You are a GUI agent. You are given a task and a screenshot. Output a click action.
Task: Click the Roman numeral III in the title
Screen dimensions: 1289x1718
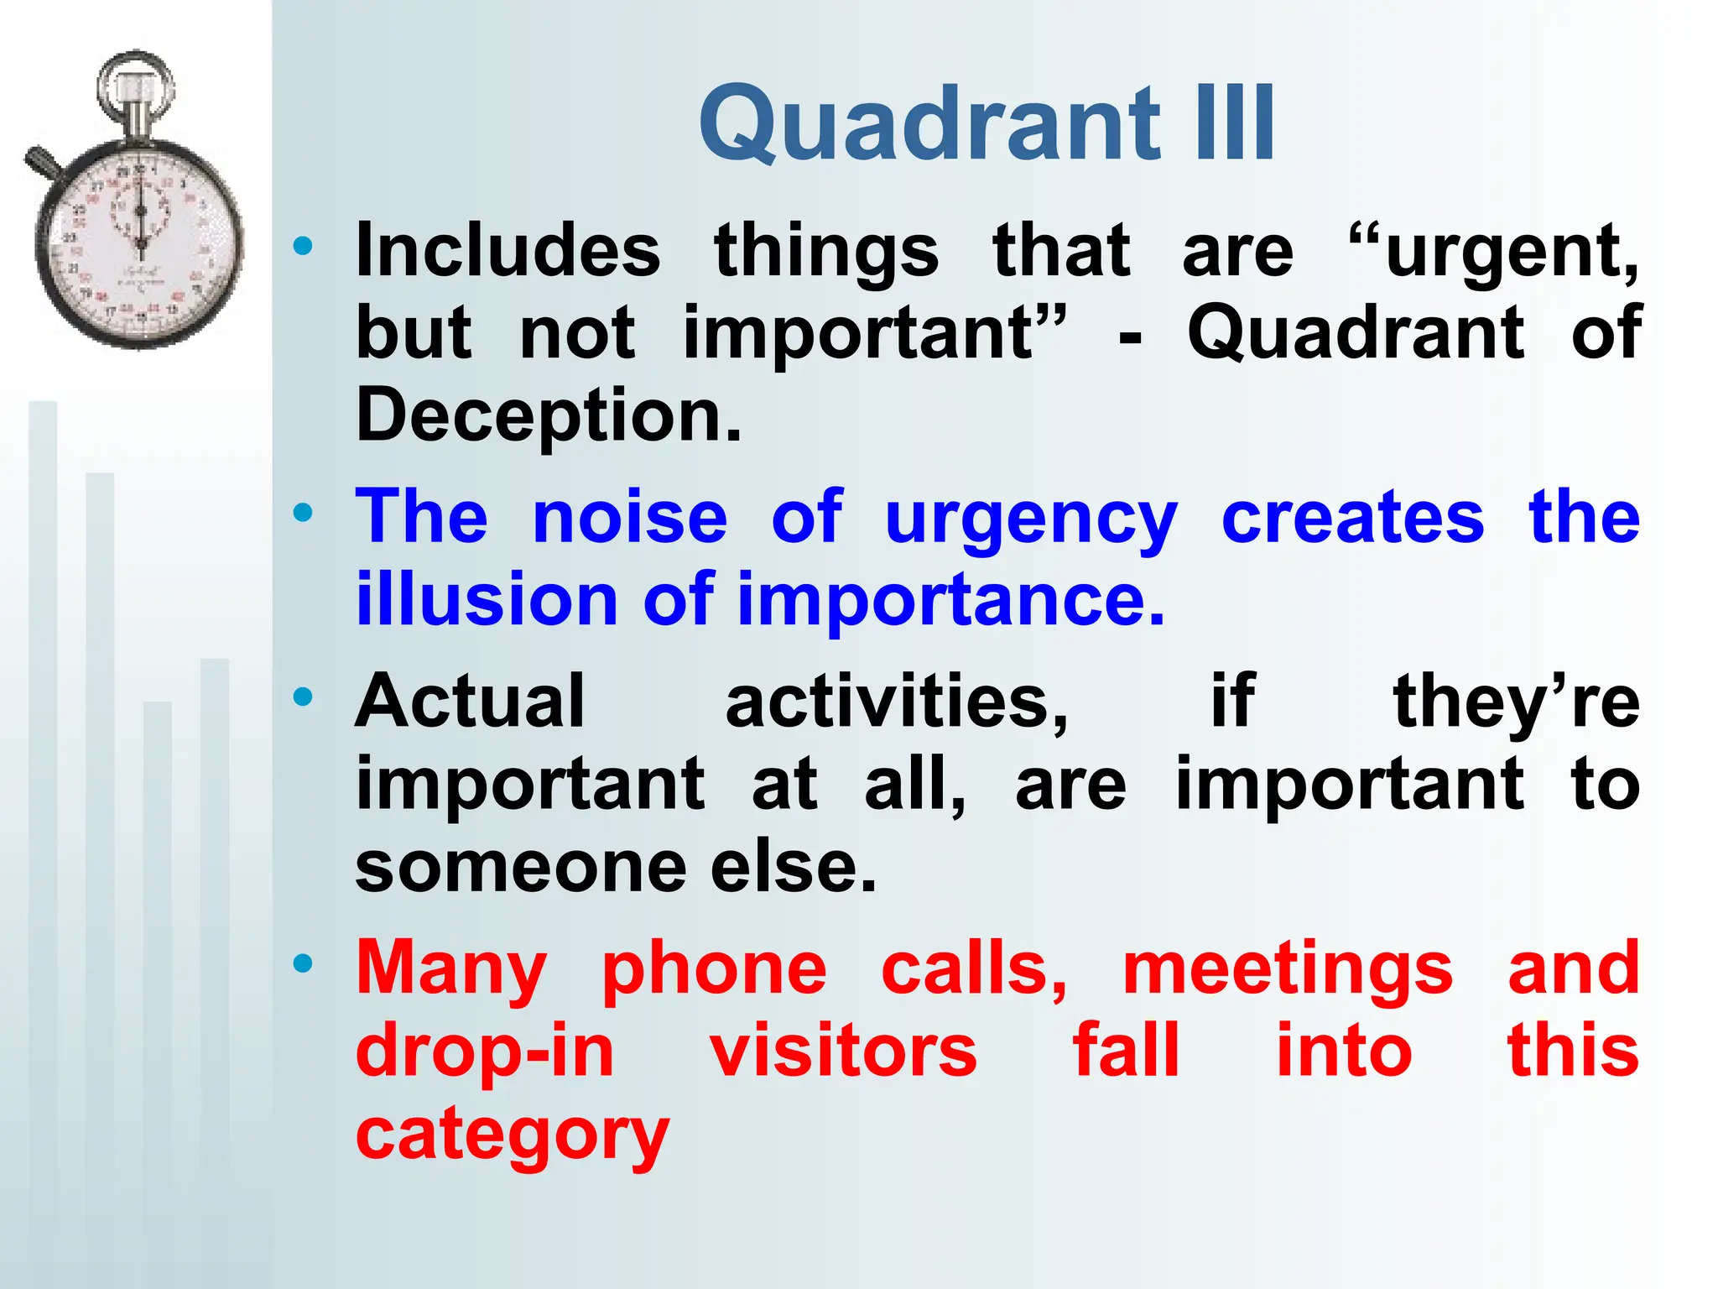click(1233, 124)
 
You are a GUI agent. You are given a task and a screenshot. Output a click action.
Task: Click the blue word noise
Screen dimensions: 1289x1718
click(630, 518)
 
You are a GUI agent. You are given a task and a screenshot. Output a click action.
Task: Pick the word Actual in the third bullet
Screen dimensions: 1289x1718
click(470, 702)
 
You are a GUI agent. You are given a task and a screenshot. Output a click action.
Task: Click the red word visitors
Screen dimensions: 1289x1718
click(843, 1052)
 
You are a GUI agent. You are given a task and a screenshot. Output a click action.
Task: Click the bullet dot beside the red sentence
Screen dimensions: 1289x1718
click(303, 963)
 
